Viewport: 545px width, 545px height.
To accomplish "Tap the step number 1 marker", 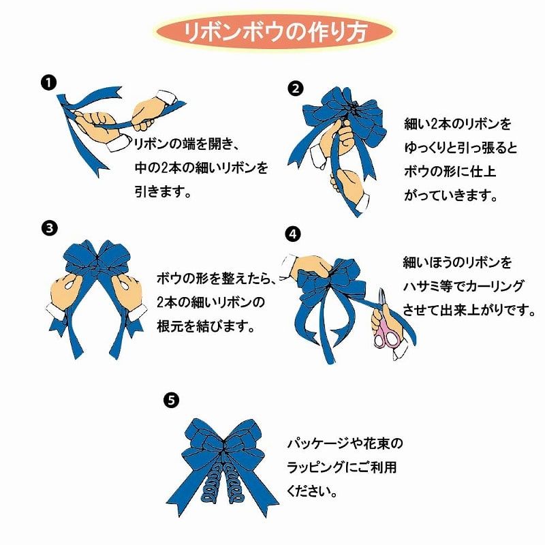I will [48, 83].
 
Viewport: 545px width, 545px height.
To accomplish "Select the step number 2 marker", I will [295, 89].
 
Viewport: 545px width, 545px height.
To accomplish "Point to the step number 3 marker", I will [48, 228].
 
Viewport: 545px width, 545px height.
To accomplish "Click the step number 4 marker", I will [293, 234].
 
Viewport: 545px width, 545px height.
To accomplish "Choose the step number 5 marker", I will [172, 400].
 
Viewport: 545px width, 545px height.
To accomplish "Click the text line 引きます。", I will [162, 192].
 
